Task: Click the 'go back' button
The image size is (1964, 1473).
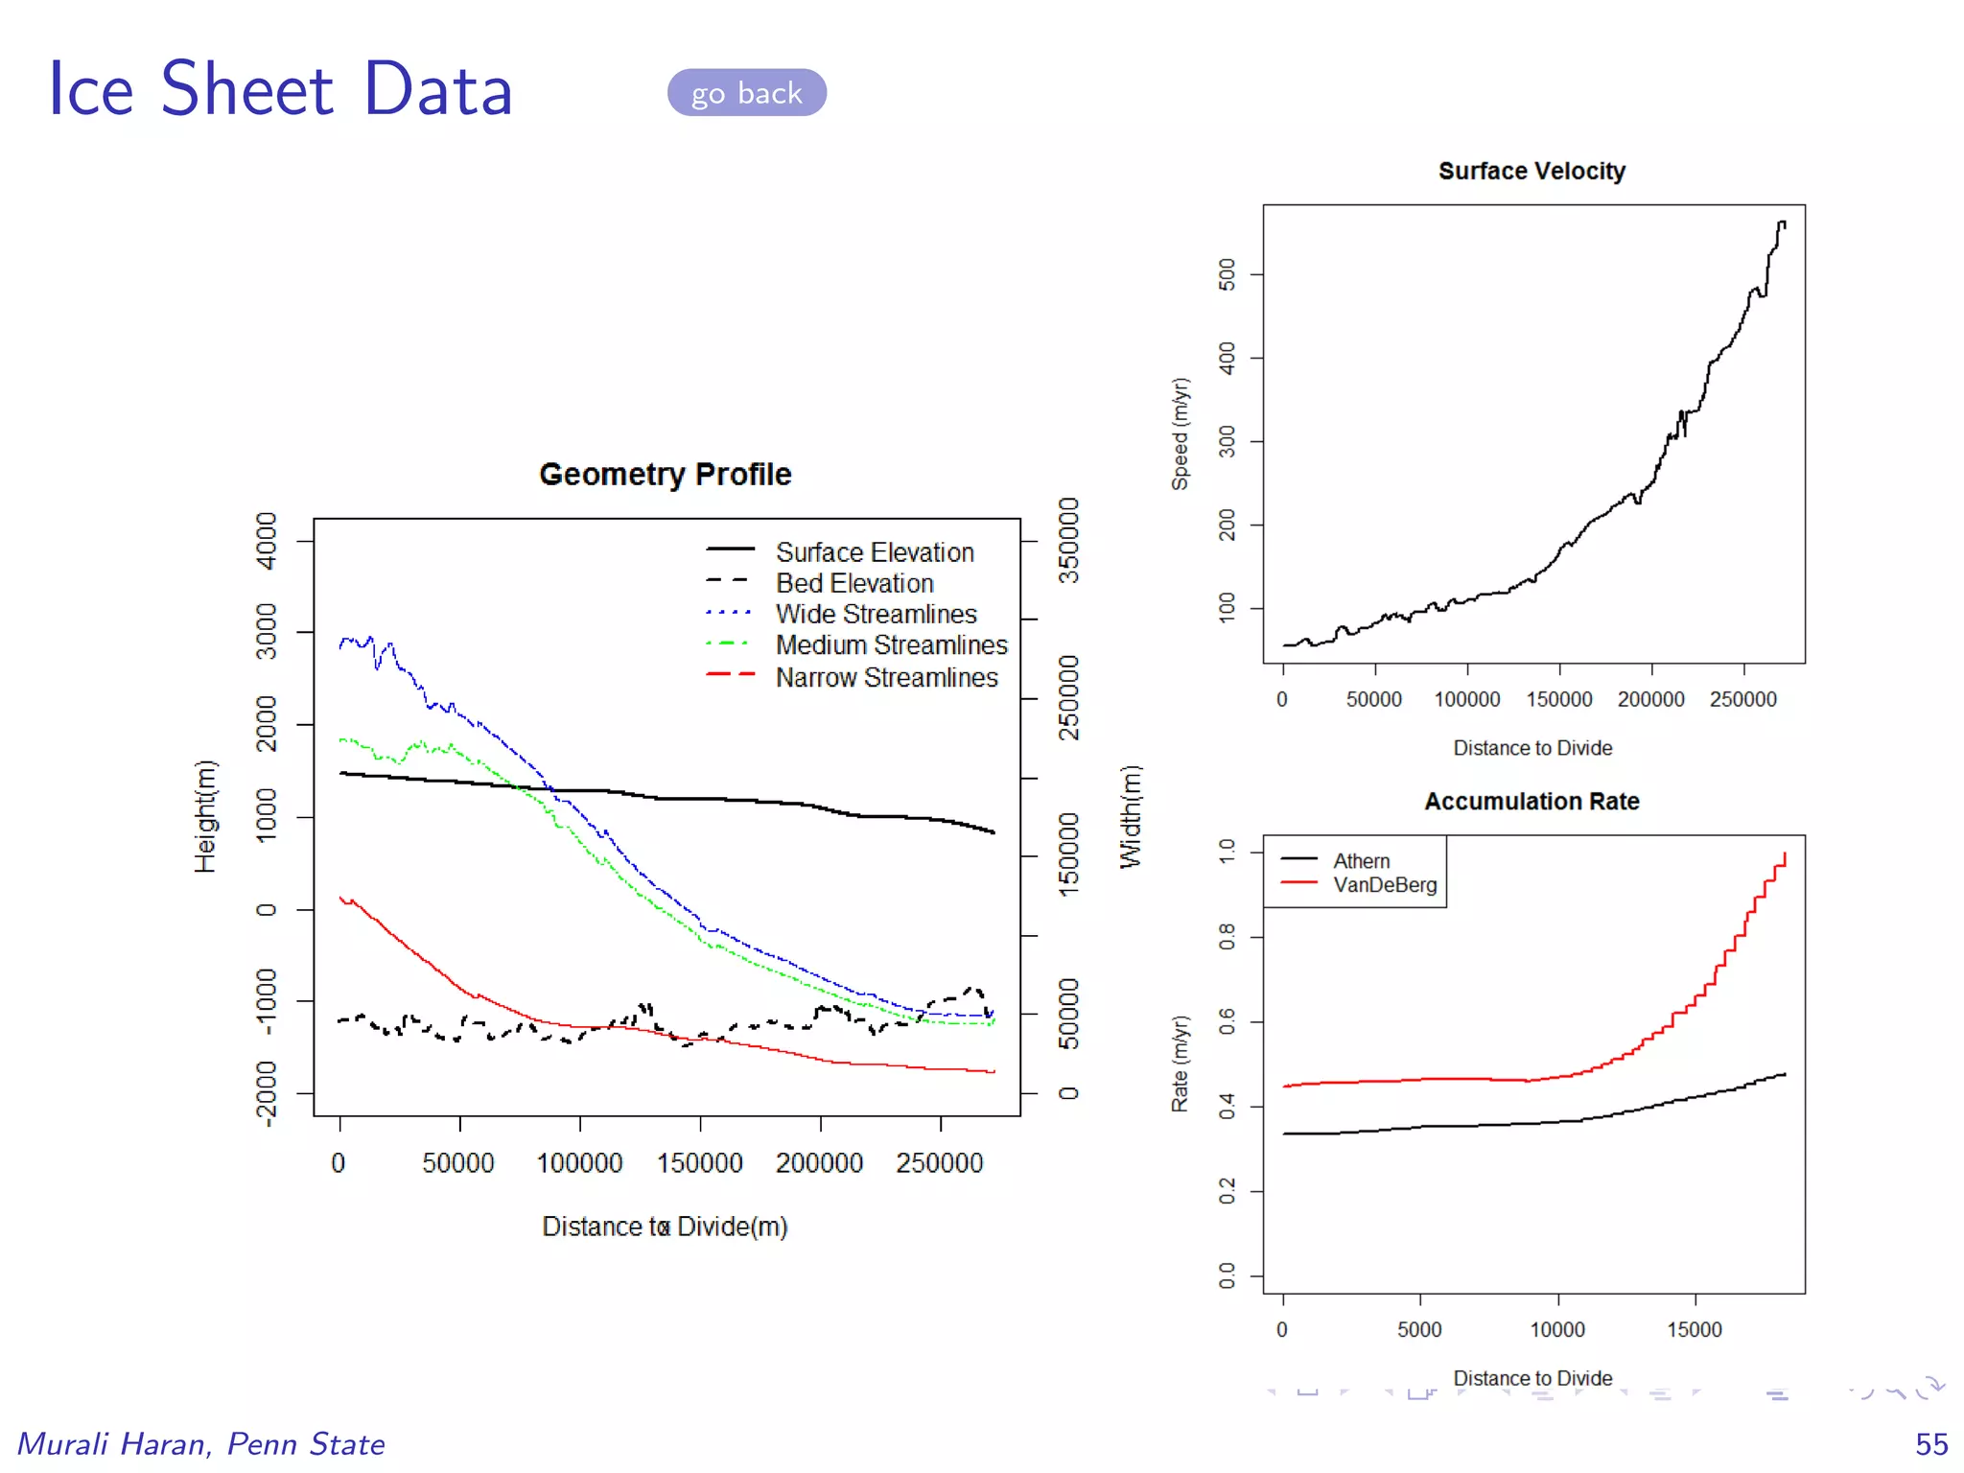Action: pyautogui.click(x=746, y=93)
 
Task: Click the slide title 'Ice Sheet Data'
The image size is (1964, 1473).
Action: pyautogui.click(x=280, y=89)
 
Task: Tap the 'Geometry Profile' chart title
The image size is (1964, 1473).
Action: pyautogui.click(x=665, y=474)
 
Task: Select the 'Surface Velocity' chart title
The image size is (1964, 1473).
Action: pyautogui.click(x=1531, y=171)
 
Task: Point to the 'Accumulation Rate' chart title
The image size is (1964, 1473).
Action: pyautogui.click(x=1531, y=801)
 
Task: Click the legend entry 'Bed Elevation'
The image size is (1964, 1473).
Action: pyautogui.click(x=853, y=583)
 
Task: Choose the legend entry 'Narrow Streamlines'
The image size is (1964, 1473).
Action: pyautogui.click(x=886, y=677)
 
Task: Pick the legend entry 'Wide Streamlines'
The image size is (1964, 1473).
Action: pyautogui.click(x=876, y=614)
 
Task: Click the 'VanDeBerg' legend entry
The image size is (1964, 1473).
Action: pyautogui.click(x=1384, y=884)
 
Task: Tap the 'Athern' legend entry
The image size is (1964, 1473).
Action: pyautogui.click(x=1361, y=861)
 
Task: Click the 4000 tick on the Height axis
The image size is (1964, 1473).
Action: pyautogui.click(x=267, y=541)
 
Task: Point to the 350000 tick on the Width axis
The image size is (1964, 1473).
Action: pyautogui.click(x=1068, y=541)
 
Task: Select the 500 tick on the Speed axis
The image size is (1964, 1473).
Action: pyautogui.click(x=1227, y=274)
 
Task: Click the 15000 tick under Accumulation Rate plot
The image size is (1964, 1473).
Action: pyautogui.click(x=1694, y=1329)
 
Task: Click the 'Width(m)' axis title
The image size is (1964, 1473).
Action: pyautogui.click(x=1132, y=816)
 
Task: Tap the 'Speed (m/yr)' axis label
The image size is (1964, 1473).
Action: pyautogui.click(x=1180, y=433)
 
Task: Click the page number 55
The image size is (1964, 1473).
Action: pyautogui.click(x=1930, y=1443)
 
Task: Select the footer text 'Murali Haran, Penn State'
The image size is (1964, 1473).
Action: pyautogui.click(x=201, y=1443)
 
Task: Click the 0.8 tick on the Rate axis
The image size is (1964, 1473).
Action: pyautogui.click(x=1227, y=937)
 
